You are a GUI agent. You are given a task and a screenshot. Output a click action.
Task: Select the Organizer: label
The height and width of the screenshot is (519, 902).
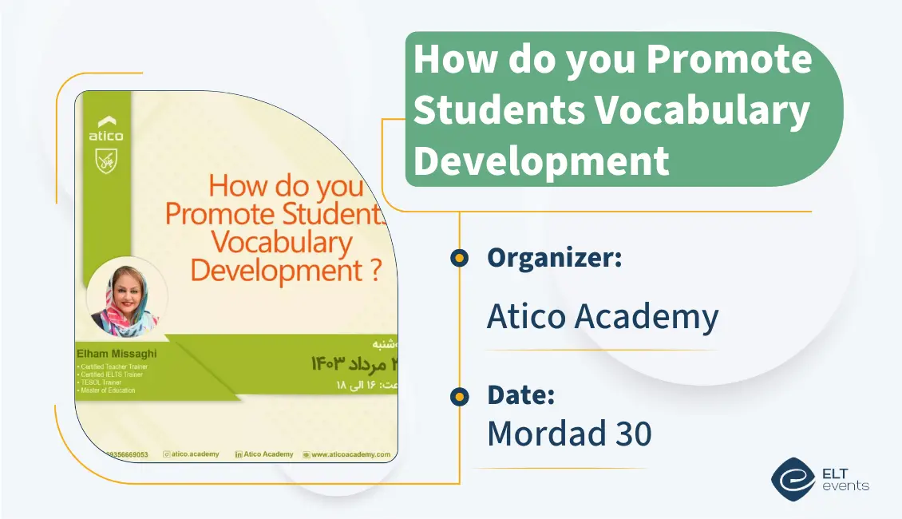pos(554,258)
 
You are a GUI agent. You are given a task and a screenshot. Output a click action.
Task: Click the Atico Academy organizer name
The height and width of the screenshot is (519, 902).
pos(603,317)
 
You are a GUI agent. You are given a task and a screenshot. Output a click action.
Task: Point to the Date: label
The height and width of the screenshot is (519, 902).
pos(520,395)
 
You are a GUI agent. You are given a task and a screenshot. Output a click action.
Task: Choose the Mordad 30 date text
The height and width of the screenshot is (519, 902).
pos(569,434)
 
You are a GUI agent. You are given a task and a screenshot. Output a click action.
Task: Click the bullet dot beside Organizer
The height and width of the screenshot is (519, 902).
pos(458,258)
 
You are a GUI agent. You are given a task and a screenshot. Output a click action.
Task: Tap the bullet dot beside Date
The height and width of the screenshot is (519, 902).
pos(458,395)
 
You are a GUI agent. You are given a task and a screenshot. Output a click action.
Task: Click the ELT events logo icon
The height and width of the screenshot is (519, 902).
pos(793,477)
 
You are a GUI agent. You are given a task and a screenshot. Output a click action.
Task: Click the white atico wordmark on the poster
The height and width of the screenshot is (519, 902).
pos(106,136)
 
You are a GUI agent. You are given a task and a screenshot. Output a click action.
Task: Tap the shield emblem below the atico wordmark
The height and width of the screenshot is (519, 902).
pos(106,160)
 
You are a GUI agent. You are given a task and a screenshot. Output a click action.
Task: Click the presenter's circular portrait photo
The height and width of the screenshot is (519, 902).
pos(126,296)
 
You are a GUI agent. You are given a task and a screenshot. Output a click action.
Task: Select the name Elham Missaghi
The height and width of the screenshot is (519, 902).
pos(117,352)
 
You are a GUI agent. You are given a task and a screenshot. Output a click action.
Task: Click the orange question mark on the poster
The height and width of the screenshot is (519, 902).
pos(376,271)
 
